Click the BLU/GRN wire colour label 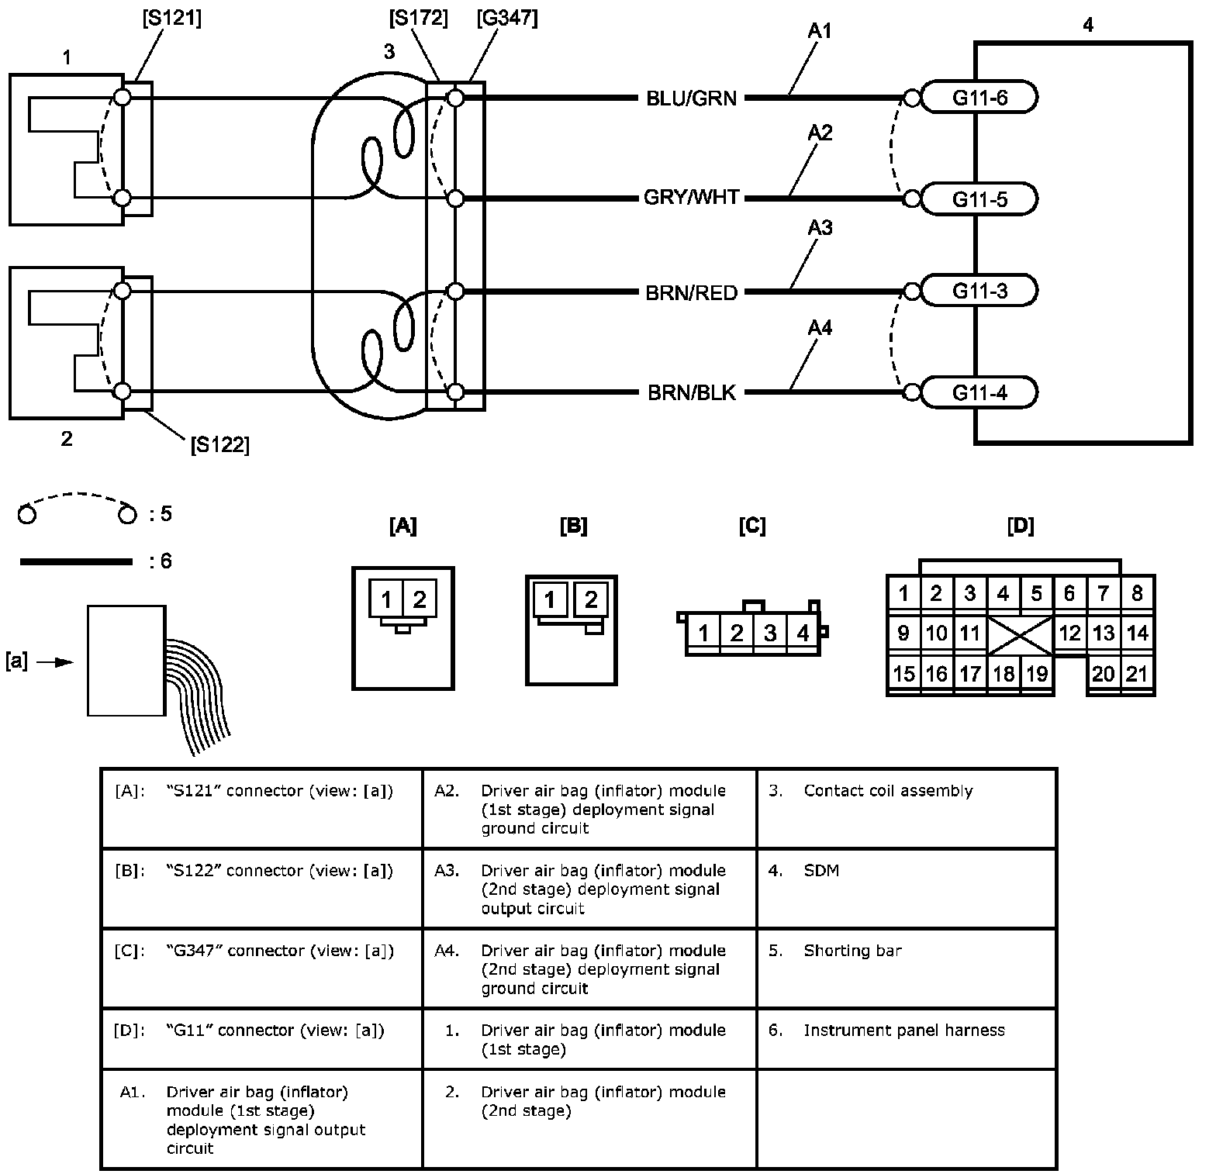(691, 98)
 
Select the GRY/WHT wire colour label (691, 198)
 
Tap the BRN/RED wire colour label (691, 292)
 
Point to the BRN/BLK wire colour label (691, 392)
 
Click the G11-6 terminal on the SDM (979, 98)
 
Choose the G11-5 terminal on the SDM (979, 199)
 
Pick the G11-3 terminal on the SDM (979, 292)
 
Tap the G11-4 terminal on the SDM (979, 392)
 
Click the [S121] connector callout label (171, 18)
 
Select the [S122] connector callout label (219, 445)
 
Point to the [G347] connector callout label (507, 17)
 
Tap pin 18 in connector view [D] (1004, 673)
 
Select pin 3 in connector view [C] (769, 633)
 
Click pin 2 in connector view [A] (420, 599)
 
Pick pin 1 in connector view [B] (550, 599)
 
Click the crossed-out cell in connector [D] (1020, 634)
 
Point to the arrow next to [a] (54, 662)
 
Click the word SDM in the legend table (821, 871)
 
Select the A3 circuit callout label (820, 228)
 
